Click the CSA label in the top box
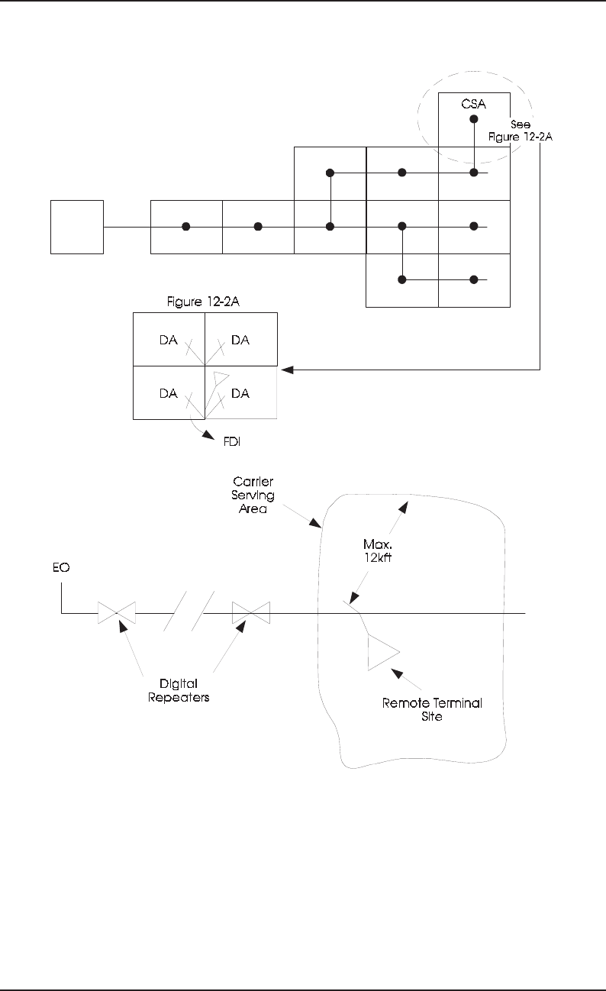point(473,104)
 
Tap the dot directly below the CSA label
point(474,119)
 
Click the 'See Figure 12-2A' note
point(521,131)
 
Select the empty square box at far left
point(77,227)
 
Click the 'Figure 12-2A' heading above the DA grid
point(203,302)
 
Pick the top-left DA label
point(169,340)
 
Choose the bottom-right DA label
point(240,393)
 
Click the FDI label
point(232,441)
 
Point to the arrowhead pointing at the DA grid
point(287,370)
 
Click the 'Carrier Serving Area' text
point(253,495)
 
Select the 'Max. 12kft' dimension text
point(378,550)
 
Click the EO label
point(61,567)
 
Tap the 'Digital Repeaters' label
point(179,691)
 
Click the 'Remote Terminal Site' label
point(432,709)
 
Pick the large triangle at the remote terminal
point(381,652)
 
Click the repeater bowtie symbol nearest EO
point(117,613)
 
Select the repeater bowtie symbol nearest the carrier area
point(251,613)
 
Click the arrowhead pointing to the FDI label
point(208,435)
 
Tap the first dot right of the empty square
point(186,227)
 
